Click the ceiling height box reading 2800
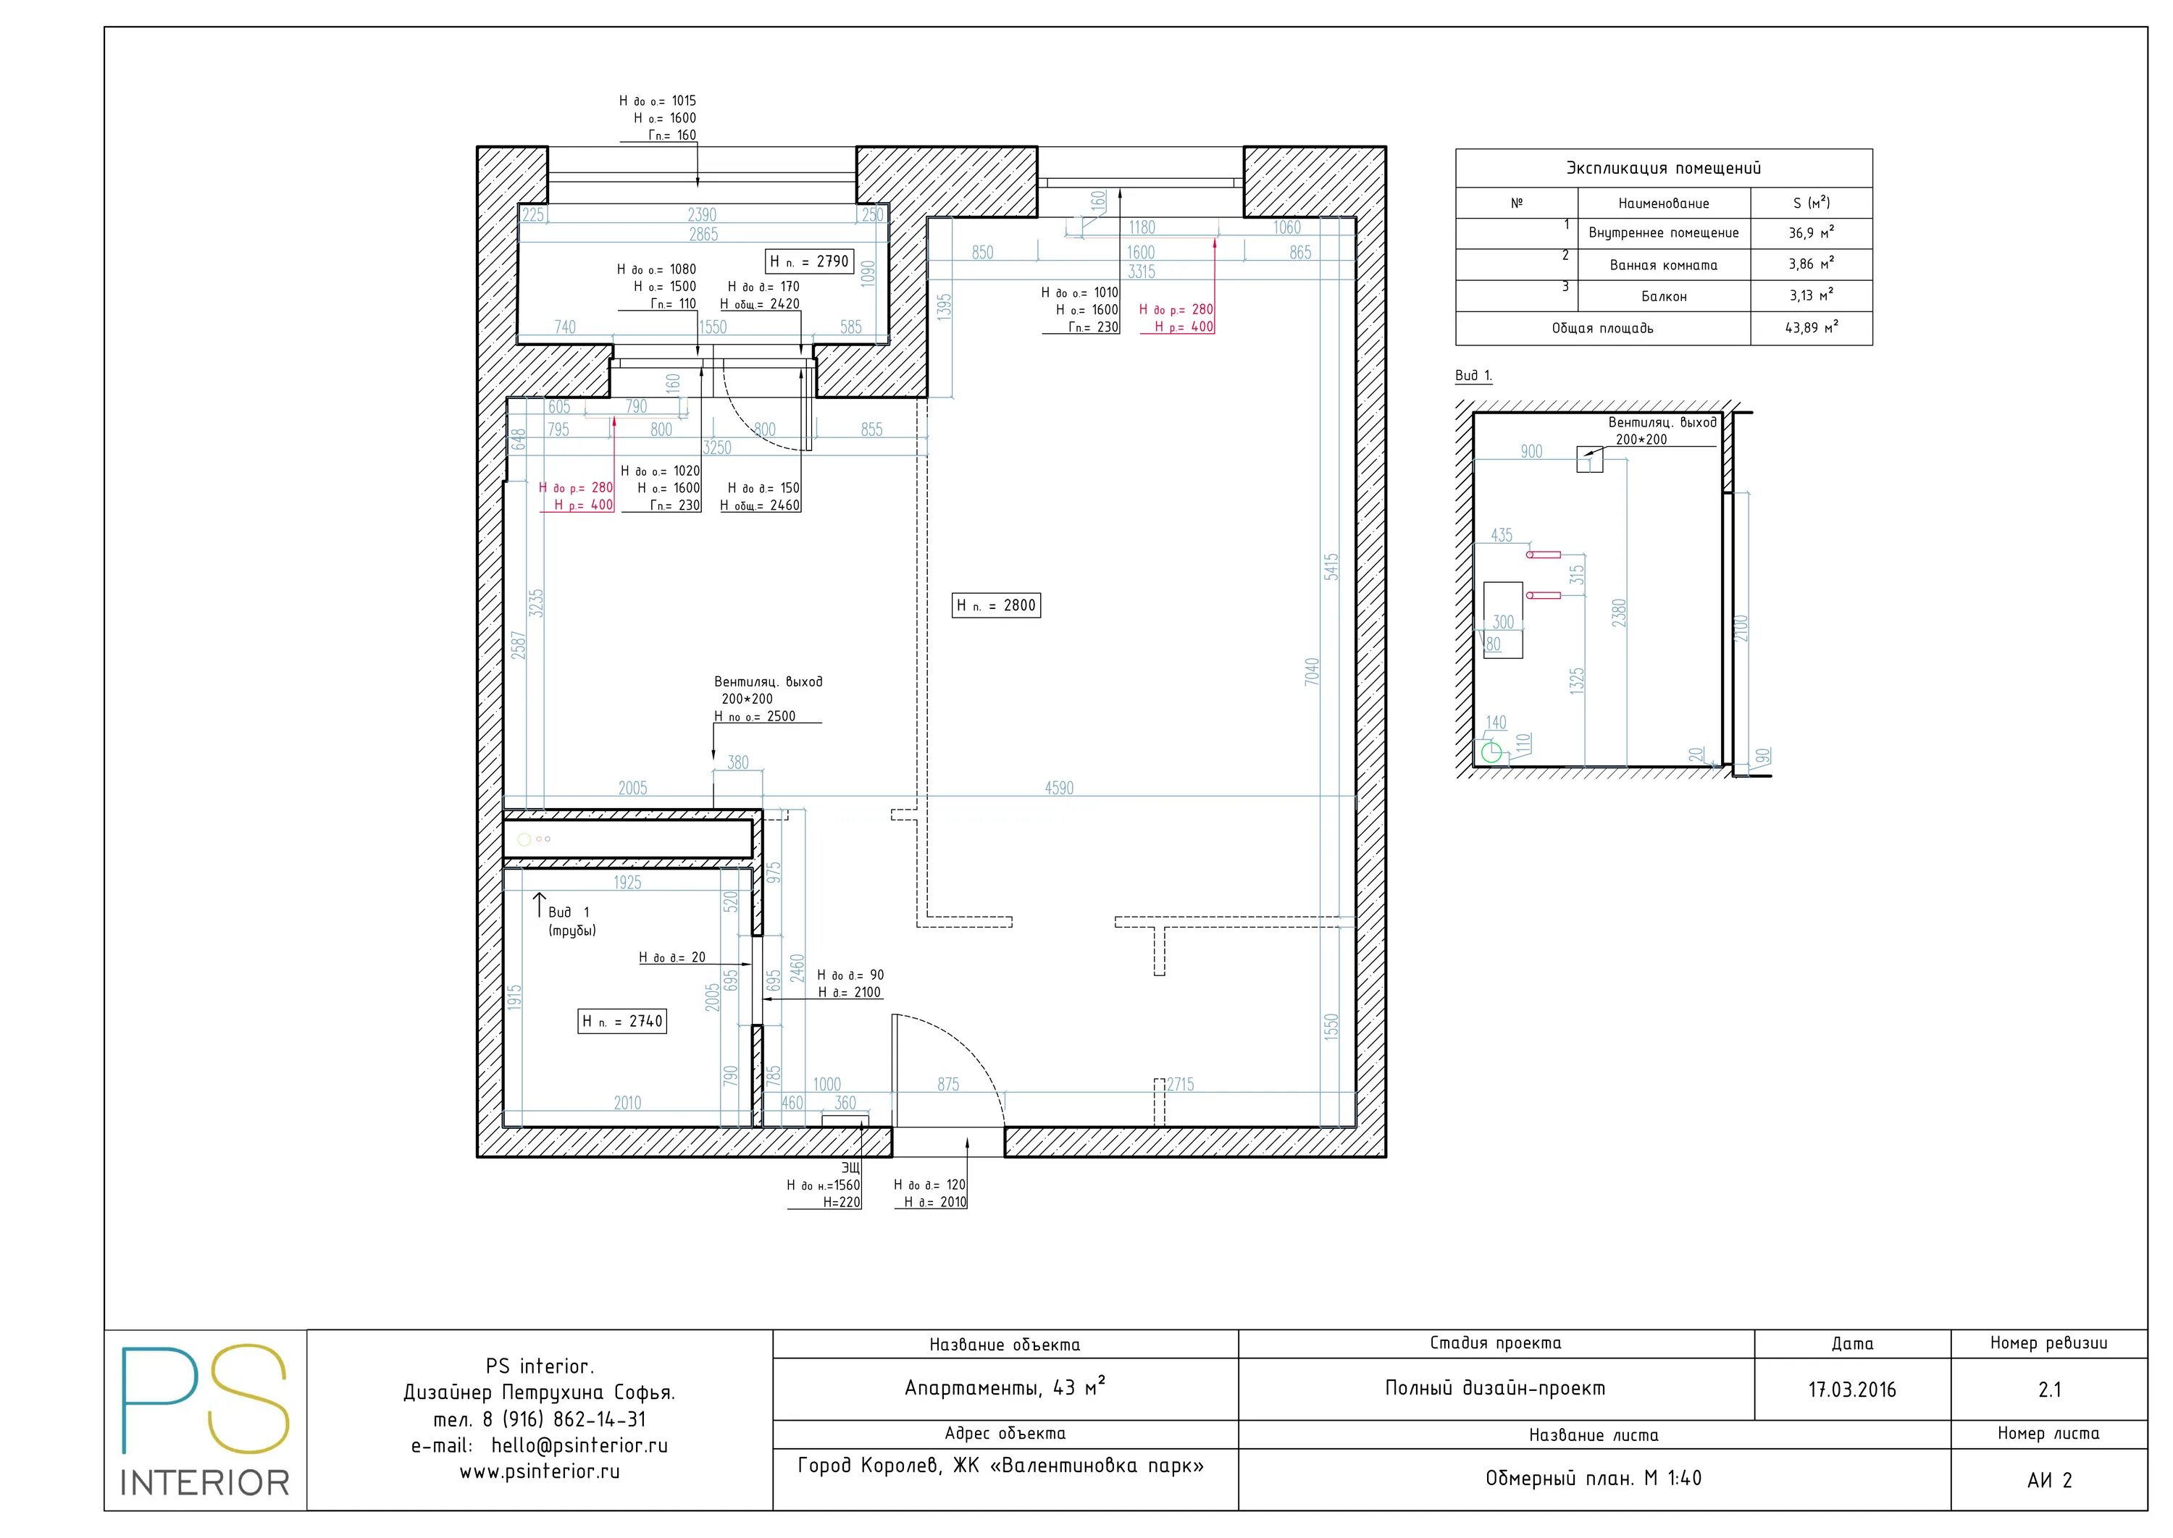coord(997,605)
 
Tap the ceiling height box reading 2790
coord(809,261)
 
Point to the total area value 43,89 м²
coord(1811,328)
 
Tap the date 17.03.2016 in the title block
coord(1852,1390)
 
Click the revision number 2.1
coord(2049,1390)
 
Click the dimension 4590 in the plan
coord(1059,788)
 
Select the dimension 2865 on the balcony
coord(703,234)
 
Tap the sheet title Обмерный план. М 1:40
coord(1594,1479)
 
